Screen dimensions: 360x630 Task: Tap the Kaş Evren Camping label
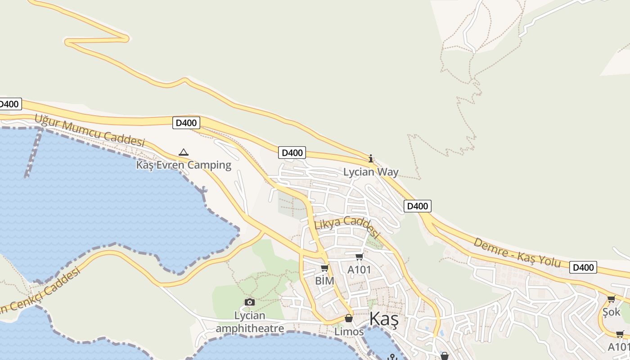click(184, 165)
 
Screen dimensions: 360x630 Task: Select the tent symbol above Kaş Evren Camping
click(184, 152)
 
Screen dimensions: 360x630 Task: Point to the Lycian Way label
click(371, 172)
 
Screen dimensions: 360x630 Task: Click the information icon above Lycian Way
click(371, 158)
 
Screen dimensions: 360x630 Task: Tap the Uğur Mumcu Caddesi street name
click(90, 130)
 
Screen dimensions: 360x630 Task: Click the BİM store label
click(324, 281)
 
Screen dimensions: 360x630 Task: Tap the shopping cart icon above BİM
click(324, 268)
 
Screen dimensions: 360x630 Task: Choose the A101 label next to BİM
click(359, 270)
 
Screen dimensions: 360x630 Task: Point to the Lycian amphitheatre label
click(250, 322)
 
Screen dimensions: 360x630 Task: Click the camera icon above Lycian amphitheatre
click(250, 302)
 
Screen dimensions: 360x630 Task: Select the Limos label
click(349, 332)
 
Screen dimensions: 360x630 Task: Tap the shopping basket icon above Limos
click(349, 319)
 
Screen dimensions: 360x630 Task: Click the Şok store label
click(611, 312)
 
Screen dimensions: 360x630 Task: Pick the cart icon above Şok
click(611, 299)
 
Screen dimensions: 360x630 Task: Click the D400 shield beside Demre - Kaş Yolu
click(583, 267)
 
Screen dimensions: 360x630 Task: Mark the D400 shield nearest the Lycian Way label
click(418, 206)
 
